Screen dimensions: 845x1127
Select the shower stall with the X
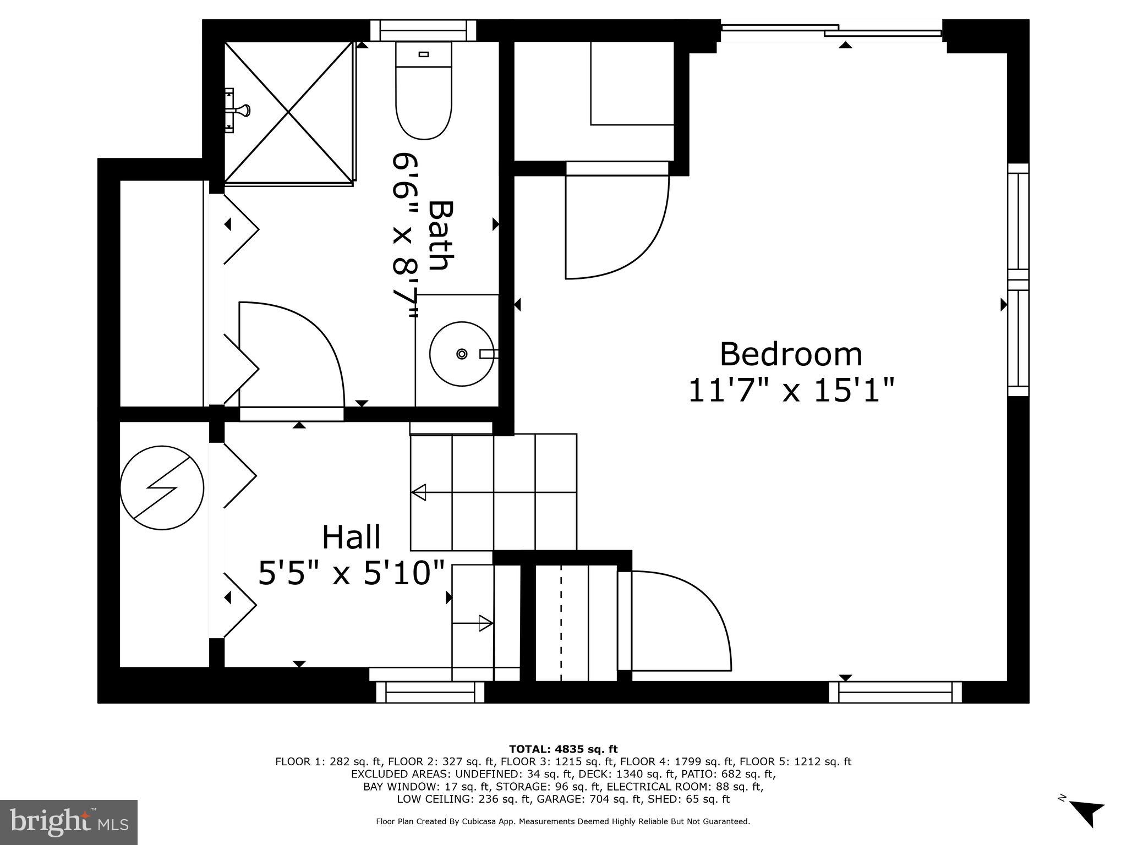tap(288, 112)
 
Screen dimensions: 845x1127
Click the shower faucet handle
tap(241, 111)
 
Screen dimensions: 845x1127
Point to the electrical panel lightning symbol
tap(162, 487)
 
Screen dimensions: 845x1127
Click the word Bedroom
tap(791, 354)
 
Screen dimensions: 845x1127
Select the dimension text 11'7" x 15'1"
tap(791, 390)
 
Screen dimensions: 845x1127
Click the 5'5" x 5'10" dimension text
tap(351, 573)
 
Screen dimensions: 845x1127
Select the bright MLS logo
tap(69, 822)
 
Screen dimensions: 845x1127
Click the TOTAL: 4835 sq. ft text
tap(563, 749)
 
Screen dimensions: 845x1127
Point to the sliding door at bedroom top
tap(831, 31)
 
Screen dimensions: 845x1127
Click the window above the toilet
tap(423, 30)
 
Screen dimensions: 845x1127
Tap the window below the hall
tap(430, 692)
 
